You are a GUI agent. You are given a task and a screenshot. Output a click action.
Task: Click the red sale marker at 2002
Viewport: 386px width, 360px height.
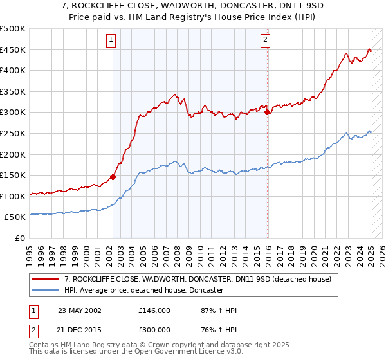coord(113,177)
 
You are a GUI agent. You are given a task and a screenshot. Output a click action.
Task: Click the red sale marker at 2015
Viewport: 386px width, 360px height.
coord(267,112)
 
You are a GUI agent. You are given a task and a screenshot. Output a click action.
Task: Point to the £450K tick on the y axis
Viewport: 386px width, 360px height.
coord(14,50)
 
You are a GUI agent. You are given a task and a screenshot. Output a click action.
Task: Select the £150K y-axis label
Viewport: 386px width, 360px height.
coord(14,175)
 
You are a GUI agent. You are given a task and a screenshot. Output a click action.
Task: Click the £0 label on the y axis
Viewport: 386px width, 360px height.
coord(20,238)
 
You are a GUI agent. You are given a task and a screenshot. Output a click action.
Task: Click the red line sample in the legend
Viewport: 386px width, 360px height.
coord(44,280)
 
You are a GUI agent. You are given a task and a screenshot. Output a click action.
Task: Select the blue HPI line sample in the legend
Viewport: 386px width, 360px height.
coord(44,291)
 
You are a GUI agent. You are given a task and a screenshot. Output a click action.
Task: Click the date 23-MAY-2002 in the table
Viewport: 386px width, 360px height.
coord(79,310)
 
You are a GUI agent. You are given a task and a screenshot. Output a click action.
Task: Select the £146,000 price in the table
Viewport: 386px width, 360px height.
coord(154,310)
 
